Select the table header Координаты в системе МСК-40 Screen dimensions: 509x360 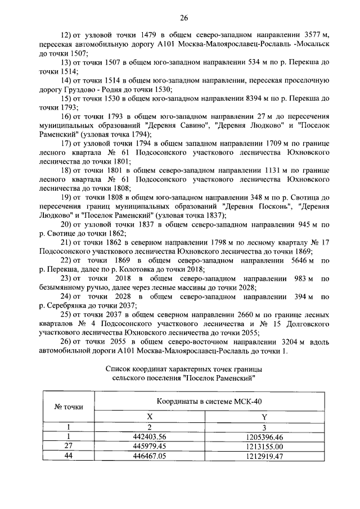tap(209, 403)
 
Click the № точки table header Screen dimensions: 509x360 tap(68, 407)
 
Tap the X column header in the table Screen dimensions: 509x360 tap(150, 417)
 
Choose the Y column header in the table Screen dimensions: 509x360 tap(264, 417)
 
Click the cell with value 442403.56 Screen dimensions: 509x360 tap(150, 436)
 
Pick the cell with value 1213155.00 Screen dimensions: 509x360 tap(264, 446)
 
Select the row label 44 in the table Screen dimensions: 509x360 tap(68, 456)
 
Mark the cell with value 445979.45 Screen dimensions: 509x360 tap(150, 446)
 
